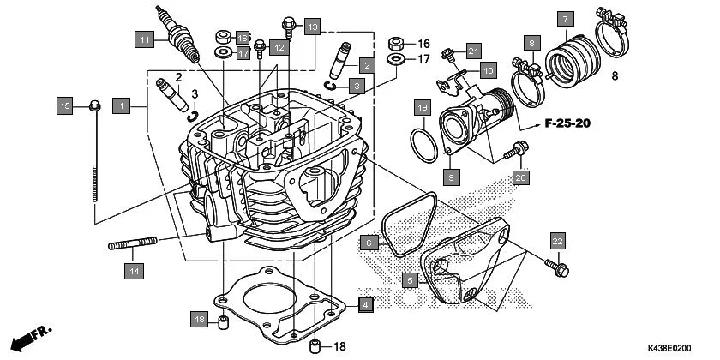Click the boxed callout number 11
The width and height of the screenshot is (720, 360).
147,40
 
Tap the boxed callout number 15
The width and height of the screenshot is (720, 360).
65,105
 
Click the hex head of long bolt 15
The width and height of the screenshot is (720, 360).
93,107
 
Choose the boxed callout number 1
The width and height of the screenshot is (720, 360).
123,105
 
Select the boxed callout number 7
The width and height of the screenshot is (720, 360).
564,18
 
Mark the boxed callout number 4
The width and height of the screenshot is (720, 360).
366,304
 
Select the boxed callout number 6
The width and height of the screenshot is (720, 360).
369,243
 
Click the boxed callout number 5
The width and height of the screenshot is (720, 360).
411,279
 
